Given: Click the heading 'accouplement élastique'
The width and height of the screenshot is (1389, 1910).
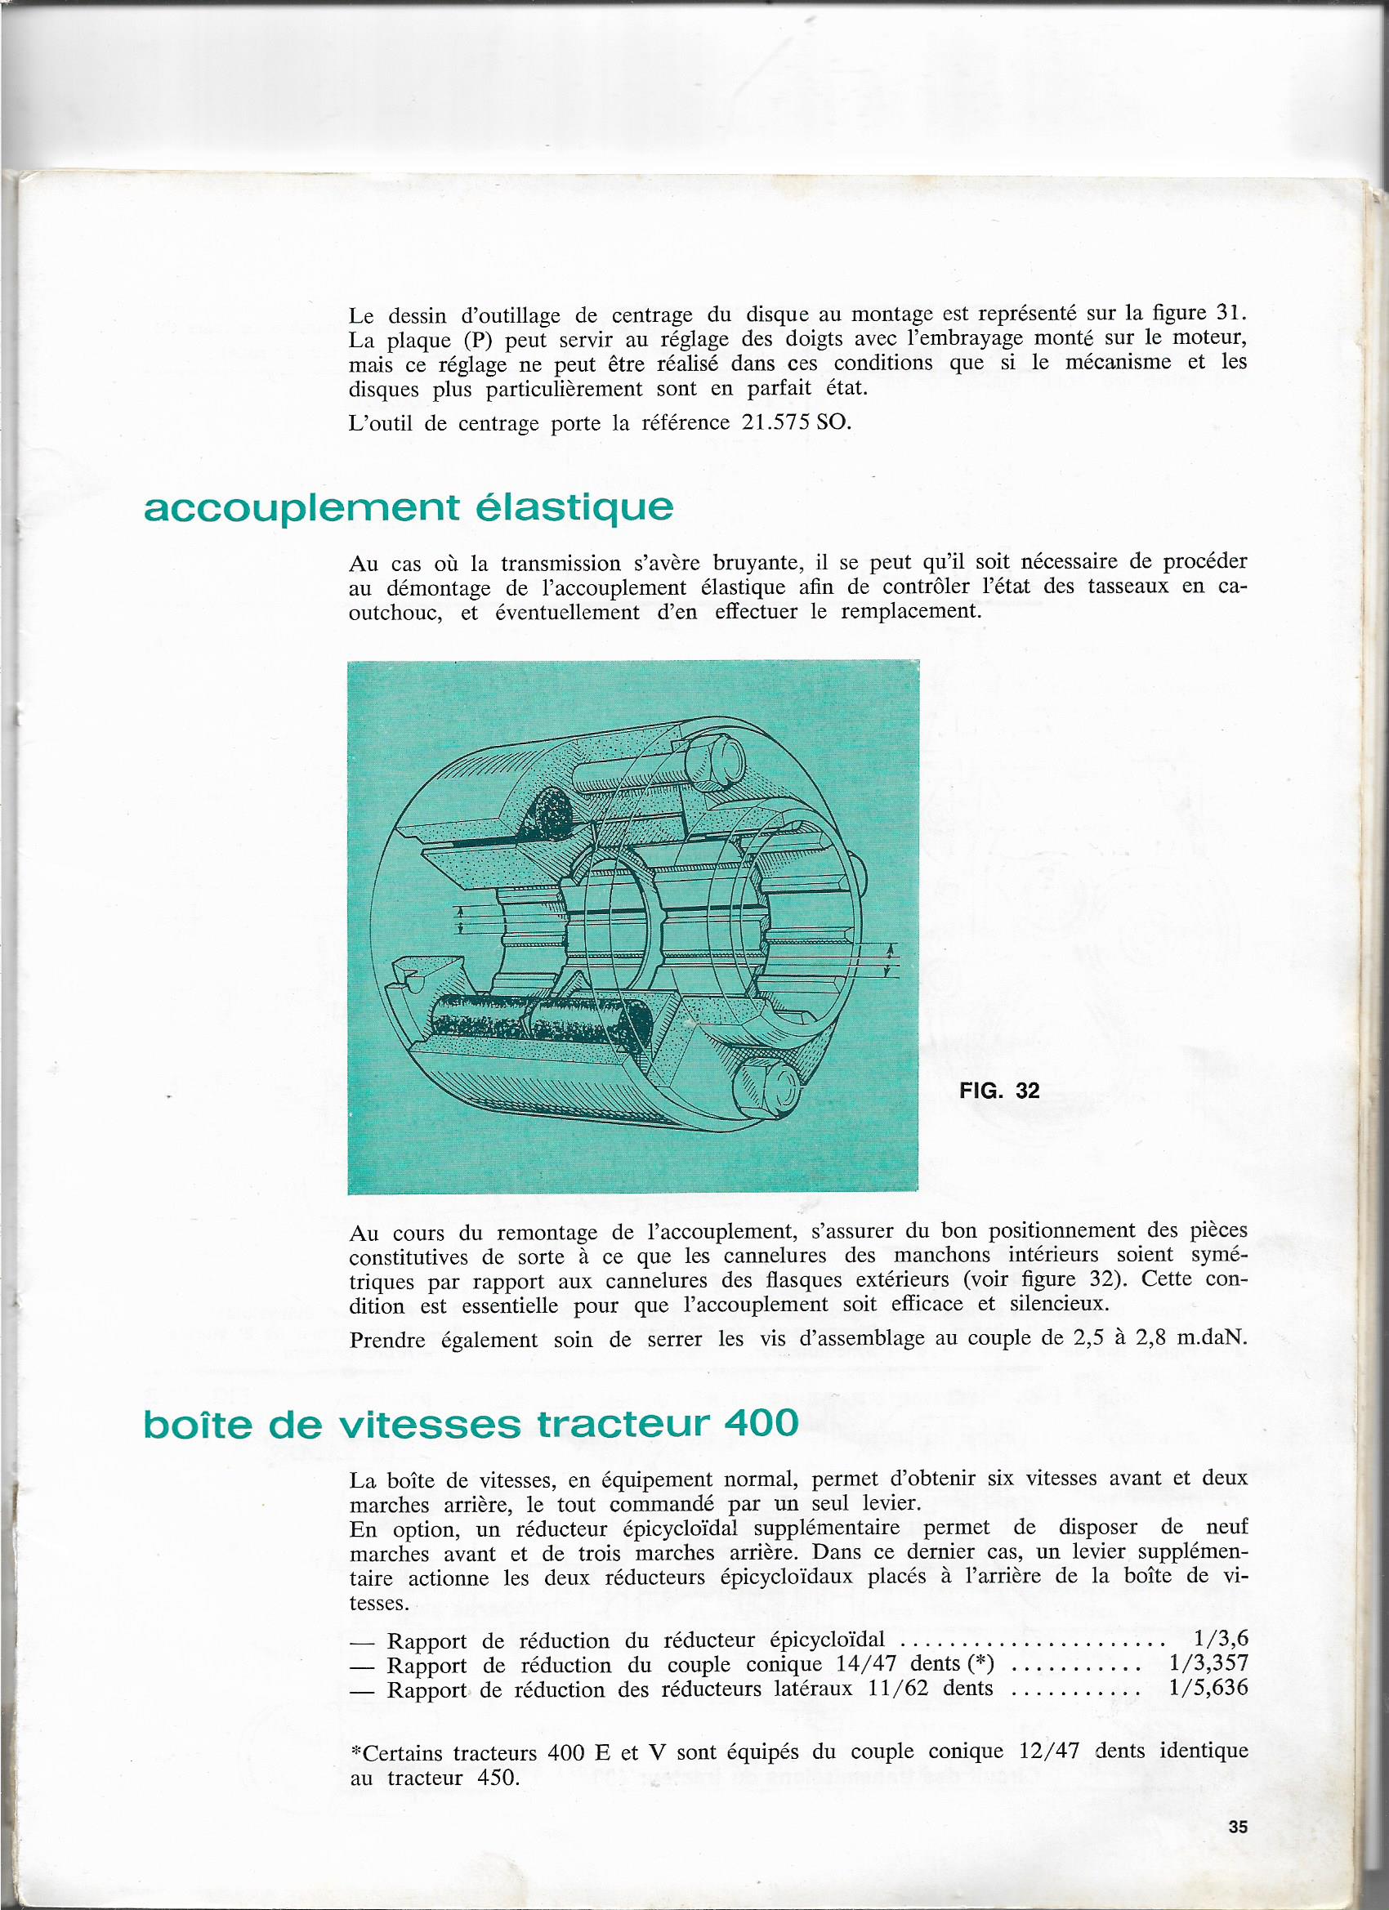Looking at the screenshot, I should (x=409, y=508).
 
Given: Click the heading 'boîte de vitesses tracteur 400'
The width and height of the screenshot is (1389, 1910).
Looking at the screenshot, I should (x=470, y=1423).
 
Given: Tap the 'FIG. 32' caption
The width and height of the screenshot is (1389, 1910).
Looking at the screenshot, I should (x=999, y=1091).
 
